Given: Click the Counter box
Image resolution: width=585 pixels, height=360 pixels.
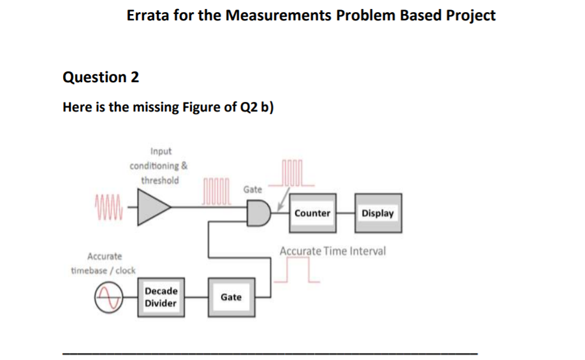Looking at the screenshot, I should point(312,213).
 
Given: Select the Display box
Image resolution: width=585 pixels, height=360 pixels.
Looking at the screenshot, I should point(377,213).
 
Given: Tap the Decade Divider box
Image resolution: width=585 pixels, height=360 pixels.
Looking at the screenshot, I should point(161,297).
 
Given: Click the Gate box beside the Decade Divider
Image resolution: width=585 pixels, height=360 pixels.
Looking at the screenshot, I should point(231,297).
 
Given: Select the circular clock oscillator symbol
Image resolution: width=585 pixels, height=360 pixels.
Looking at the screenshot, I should point(109,298).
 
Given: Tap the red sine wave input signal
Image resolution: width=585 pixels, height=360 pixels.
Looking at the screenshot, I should point(108,206).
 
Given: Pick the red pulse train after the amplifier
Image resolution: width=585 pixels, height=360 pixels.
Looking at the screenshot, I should point(217,191).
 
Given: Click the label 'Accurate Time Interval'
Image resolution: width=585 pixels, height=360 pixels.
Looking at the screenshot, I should point(332,251).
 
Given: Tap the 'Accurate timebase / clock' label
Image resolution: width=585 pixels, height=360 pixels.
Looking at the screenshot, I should point(104,263).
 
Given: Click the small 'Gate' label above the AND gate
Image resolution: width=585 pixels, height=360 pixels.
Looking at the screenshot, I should point(252,189).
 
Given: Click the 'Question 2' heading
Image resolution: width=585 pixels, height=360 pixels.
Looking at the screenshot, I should point(101,78).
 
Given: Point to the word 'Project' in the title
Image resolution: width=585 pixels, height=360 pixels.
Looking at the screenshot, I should point(470,15).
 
